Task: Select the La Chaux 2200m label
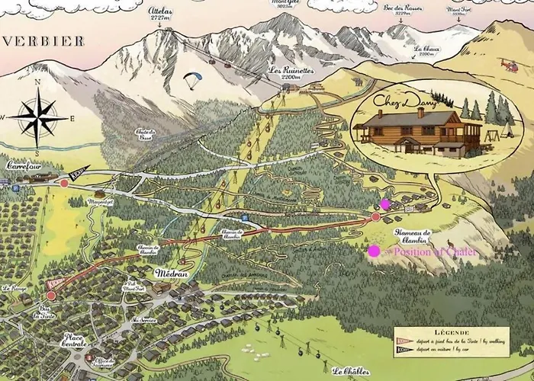coord(426,51)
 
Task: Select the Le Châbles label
coord(352,372)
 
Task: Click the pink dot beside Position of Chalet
coord(374,251)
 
